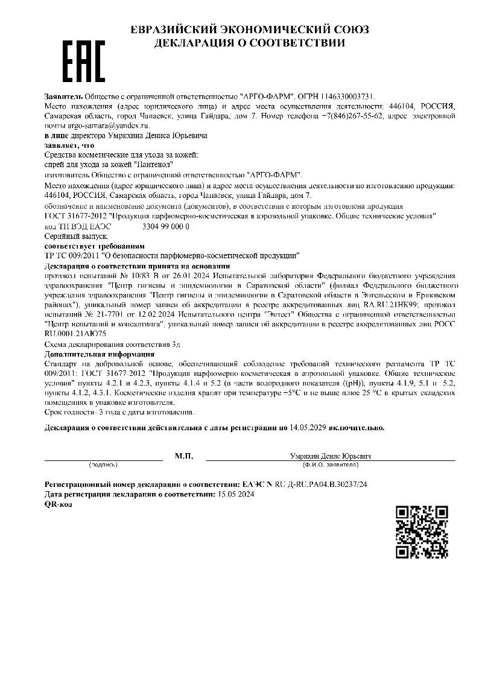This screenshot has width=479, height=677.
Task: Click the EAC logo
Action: [x=84, y=62]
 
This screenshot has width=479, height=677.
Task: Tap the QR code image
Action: [x=422, y=532]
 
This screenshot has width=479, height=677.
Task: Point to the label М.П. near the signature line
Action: [x=184, y=456]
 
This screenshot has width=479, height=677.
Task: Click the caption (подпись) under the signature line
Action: [x=103, y=465]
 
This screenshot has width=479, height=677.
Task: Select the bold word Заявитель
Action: [x=63, y=96]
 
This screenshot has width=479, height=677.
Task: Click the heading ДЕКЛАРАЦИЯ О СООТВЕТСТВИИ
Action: [x=250, y=43]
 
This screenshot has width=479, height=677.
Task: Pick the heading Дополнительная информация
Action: [x=100, y=354]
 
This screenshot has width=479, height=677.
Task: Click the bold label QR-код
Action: [x=59, y=503]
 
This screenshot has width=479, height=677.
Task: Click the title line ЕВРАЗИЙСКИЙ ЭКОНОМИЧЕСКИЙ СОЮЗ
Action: [x=250, y=30]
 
